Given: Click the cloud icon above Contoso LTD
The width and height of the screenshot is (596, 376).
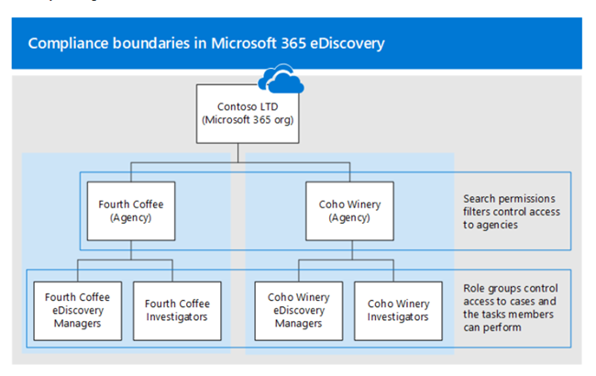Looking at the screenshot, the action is coord(281,79).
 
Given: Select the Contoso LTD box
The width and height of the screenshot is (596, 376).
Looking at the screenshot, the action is coord(248,114).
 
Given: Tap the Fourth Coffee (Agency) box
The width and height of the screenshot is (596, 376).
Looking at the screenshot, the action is coord(131,211).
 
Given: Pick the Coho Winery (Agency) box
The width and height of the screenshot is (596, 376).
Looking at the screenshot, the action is coord(349,211).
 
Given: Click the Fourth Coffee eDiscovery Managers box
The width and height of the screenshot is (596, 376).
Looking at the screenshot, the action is coord(78,311).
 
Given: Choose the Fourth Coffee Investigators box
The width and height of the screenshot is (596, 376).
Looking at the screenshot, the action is coord(177,311).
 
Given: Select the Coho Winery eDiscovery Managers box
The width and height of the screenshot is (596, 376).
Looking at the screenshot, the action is coord(299,311).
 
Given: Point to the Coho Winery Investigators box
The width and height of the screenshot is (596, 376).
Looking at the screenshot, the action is coord(398,311).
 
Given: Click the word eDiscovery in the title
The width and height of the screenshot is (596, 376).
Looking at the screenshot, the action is coord(348,44).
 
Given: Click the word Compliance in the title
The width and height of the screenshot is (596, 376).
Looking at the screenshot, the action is coord(69,44).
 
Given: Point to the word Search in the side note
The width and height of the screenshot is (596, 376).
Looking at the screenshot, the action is coord(479,199).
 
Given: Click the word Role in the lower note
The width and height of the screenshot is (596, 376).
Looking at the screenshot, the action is coord(472,289).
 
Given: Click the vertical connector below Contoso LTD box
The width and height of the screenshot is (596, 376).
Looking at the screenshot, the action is coord(238,153).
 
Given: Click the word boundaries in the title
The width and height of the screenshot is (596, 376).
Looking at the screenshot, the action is coord(151,43).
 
